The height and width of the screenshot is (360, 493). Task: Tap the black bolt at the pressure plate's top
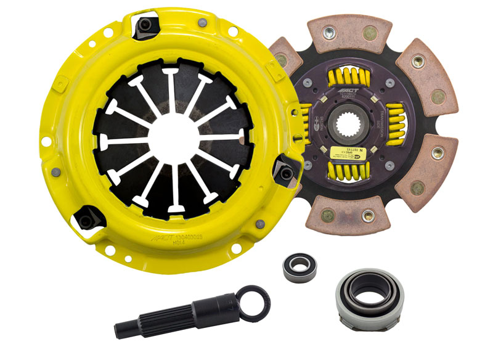click(x=147, y=25)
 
